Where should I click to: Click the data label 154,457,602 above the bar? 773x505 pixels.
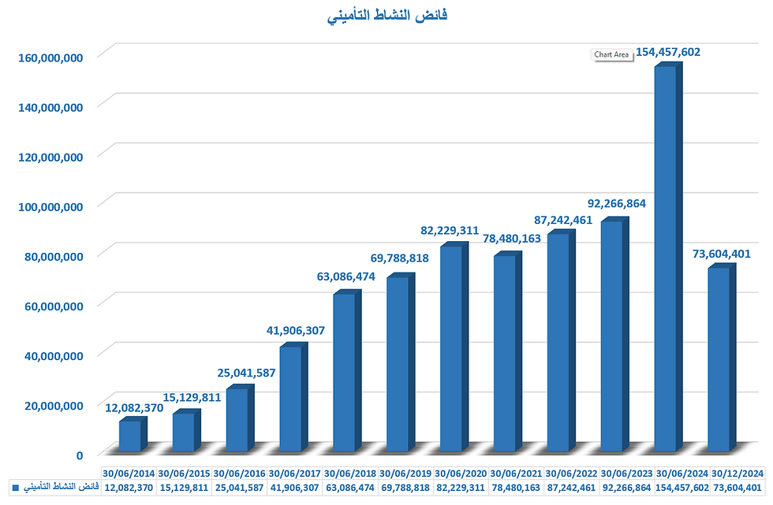coord(663,53)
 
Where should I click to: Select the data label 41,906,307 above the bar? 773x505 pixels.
coord(292,331)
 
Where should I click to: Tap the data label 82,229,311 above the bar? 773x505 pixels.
coord(450,230)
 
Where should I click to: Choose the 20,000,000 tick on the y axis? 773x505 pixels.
coord(48,405)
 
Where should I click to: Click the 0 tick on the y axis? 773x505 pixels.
coord(80,455)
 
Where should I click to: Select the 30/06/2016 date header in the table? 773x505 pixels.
coord(239,473)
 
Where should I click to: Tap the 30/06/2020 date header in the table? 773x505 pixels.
coord(460,473)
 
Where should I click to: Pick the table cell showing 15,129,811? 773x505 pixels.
coord(184,488)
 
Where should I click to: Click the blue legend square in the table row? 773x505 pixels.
coord(16,488)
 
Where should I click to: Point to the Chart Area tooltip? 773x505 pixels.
coord(611,54)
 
